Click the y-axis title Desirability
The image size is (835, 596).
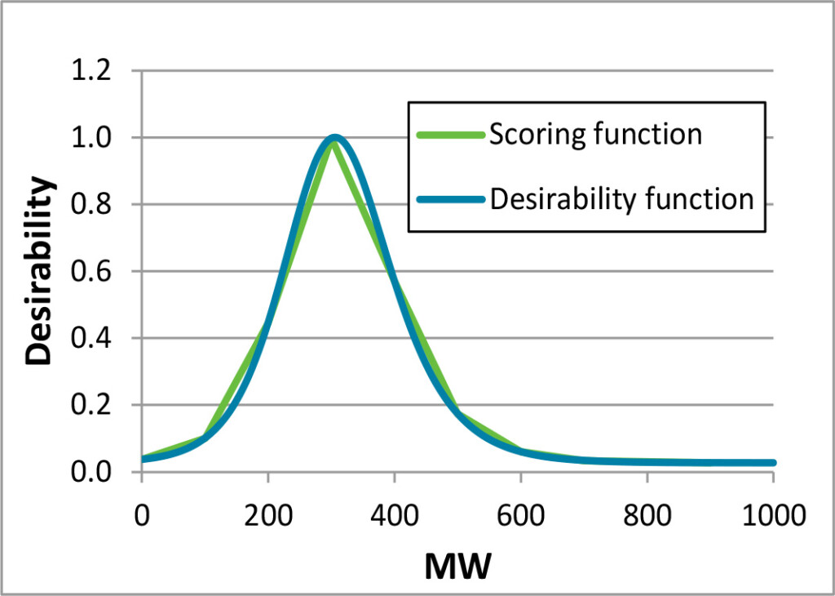click(41, 271)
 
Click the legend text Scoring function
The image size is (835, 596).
click(595, 135)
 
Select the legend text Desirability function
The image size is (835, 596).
click(621, 198)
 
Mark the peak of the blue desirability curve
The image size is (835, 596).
click(334, 138)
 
